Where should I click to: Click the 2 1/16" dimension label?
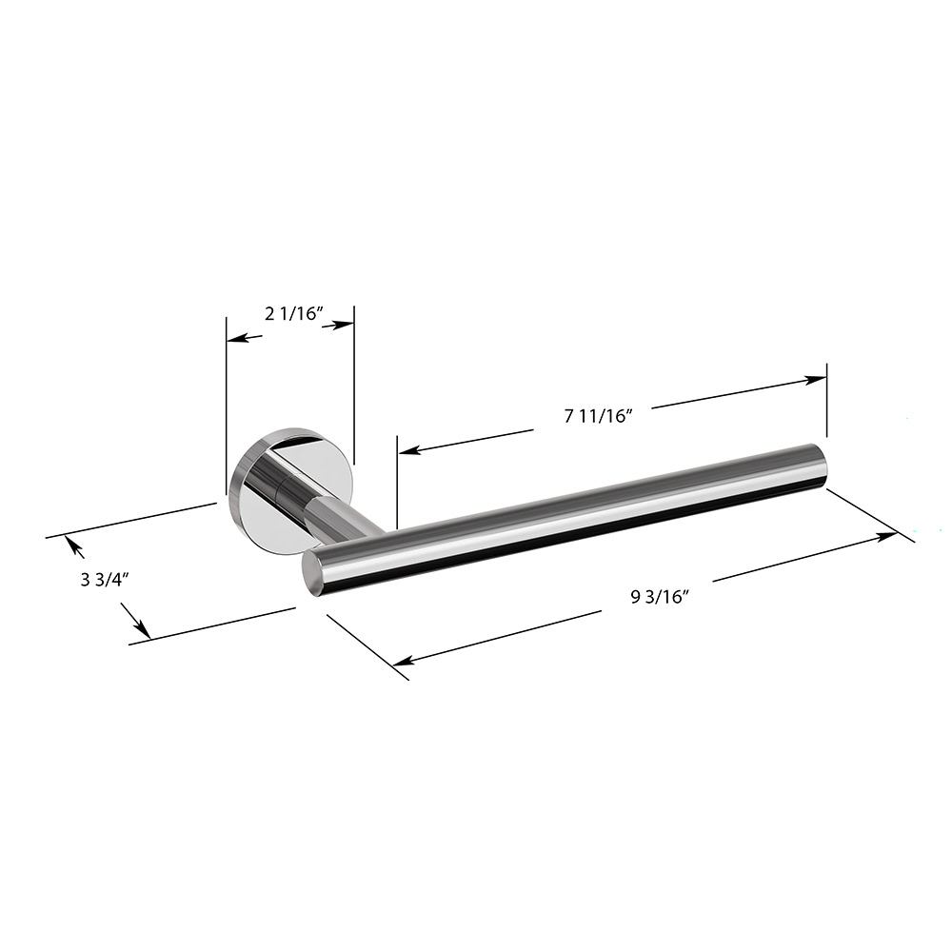[x=295, y=314]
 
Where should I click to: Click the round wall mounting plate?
[x=286, y=490]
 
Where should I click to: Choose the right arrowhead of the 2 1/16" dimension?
[x=346, y=326]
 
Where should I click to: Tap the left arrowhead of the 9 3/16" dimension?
[x=403, y=661]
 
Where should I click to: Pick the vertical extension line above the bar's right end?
[x=826, y=400]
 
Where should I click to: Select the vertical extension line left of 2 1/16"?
[x=226, y=400]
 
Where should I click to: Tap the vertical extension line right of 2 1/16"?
[x=354, y=381]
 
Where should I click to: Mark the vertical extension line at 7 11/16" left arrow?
[x=396, y=481]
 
